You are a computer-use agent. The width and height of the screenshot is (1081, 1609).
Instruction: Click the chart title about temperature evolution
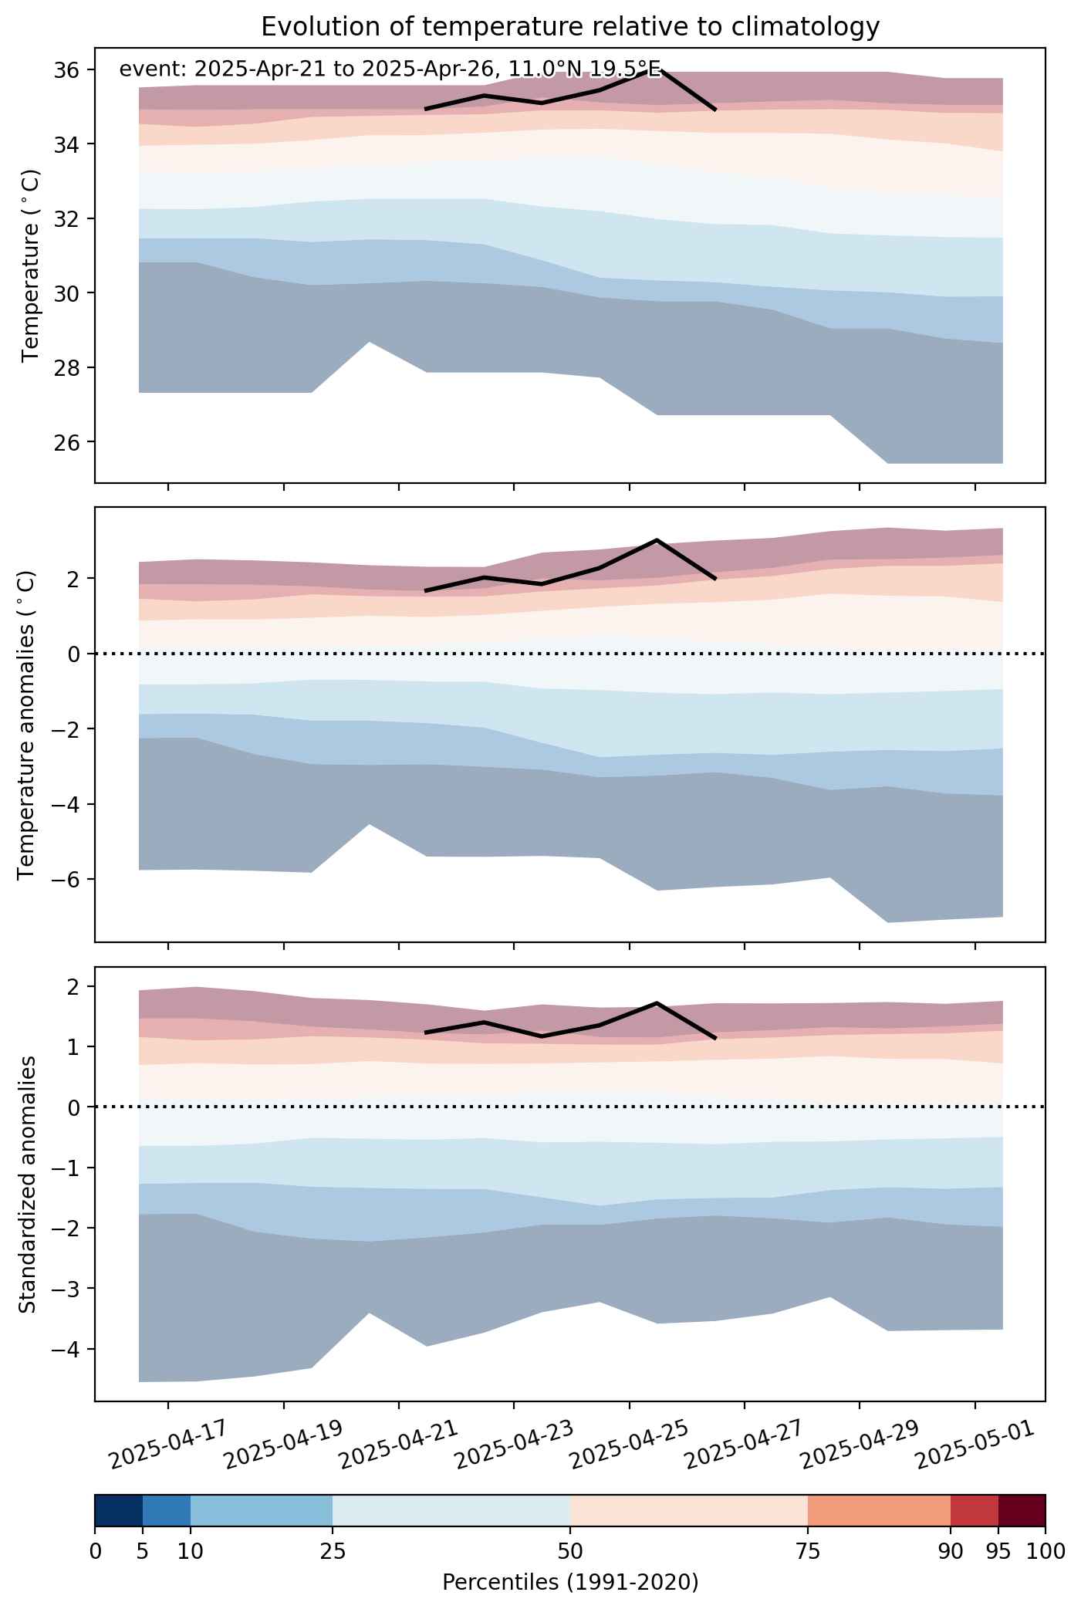tap(570, 27)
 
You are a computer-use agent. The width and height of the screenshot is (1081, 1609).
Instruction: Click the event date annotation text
tap(390, 69)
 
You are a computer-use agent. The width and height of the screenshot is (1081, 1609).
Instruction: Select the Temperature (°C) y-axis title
tap(30, 265)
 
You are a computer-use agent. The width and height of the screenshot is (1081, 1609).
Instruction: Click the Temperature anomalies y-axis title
tap(26, 725)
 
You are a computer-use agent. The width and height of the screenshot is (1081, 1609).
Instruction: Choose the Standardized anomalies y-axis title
tap(26, 1184)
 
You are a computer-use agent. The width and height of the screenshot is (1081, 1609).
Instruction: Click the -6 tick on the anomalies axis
tap(69, 880)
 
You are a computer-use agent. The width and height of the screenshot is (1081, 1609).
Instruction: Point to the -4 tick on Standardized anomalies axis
tap(69, 1350)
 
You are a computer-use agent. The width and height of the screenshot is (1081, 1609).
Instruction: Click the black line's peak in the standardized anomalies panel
tap(657, 1002)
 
